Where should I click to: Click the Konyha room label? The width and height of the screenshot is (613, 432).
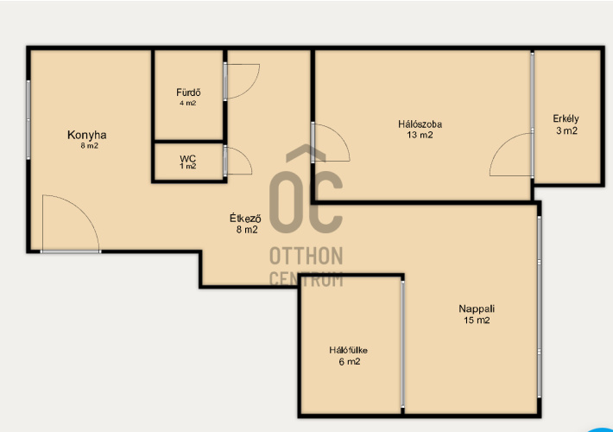[x=87, y=135]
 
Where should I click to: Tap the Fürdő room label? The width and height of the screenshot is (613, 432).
[x=188, y=92]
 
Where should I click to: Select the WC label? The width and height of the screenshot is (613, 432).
[x=187, y=158]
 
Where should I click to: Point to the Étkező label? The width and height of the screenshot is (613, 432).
[x=245, y=219]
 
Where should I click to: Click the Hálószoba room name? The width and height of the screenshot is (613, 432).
[x=420, y=124]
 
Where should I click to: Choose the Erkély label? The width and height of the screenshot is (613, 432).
[x=566, y=118]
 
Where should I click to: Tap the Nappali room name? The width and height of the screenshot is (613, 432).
[x=477, y=308]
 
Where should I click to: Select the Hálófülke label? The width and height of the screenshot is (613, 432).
[x=348, y=350]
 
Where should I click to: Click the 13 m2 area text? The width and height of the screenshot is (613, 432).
[x=420, y=135]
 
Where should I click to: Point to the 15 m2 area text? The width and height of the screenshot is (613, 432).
[x=477, y=320]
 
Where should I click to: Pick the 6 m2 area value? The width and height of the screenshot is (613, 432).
[x=350, y=361]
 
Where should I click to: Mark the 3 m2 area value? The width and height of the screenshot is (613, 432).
[x=567, y=130]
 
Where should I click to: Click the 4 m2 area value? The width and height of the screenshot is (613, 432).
[x=188, y=104]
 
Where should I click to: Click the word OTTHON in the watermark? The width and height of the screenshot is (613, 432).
[x=306, y=257]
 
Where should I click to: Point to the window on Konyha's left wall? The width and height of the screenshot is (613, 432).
[x=28, y=119]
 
